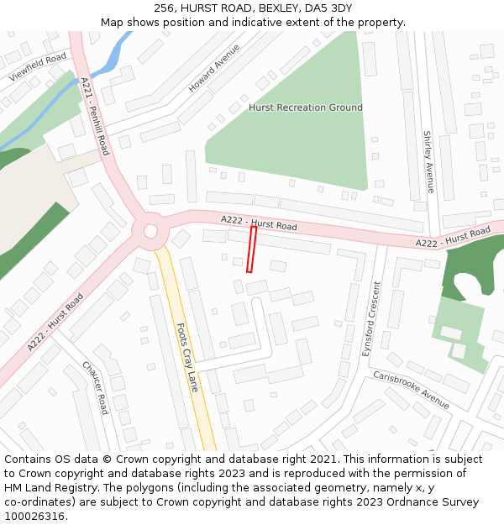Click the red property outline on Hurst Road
251,249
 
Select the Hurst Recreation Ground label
306,108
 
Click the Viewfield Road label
37,66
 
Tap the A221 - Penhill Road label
95,116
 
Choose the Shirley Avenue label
429,161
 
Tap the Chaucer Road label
95,387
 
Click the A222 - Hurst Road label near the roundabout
259,223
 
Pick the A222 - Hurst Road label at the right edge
453,238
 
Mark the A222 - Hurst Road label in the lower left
55,322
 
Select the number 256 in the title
165,8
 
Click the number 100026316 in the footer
34,516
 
